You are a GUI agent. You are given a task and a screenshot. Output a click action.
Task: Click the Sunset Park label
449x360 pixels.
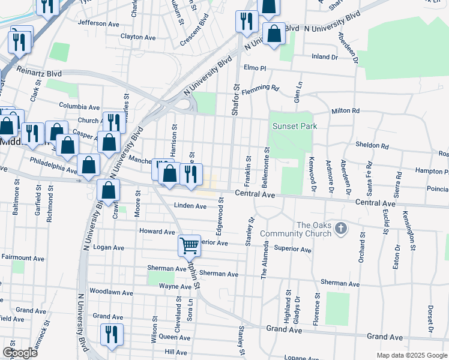tap(294, 127)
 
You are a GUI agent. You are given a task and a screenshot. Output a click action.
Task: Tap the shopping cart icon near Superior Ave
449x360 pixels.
tap(188, 245)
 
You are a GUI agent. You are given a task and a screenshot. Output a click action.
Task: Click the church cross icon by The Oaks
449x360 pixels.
tap(341, 228)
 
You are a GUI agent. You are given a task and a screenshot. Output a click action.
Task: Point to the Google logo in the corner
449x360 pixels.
tap(20, 353)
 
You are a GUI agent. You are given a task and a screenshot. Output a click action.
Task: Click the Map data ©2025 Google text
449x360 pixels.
tap(412, 355)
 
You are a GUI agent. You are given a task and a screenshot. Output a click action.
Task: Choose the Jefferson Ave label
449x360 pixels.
tap(98, 23)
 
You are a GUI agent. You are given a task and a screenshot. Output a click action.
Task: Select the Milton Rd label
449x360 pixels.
tap(345, 111)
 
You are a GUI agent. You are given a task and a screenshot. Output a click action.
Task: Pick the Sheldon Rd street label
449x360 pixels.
tap(372, 146)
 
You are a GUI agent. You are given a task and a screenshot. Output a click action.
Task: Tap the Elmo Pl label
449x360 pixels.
tap(255, 68)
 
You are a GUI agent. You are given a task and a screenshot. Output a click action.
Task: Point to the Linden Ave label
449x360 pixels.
tap(190, 206)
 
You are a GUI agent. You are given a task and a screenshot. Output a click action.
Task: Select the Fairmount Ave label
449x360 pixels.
tap(23, 257)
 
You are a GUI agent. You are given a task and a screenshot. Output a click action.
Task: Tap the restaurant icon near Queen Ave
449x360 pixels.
tap(111, 334)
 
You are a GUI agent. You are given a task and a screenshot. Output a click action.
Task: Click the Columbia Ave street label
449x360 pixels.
tap(79, 106)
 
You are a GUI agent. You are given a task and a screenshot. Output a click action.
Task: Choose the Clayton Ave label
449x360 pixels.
tap(138, 37)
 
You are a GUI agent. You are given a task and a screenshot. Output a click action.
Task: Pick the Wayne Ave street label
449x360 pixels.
tap(158, 287)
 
